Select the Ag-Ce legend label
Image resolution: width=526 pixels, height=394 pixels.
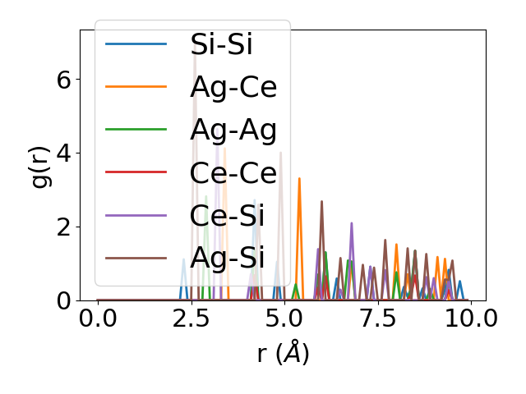coord(233,86)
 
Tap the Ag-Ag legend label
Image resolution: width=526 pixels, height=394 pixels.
coord(233,129)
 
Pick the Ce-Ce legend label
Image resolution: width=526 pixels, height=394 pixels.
coord(233,172)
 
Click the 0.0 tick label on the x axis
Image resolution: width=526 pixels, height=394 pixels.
coord(98,320)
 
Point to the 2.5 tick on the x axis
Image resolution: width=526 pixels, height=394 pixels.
coord(191,320)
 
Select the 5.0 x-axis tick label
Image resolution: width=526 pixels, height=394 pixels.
coord(284,320)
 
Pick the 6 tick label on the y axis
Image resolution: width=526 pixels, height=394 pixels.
coord(62,80)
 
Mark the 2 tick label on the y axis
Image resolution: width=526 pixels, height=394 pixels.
coord(62,227)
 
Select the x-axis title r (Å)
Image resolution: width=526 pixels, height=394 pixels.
coord(283,353)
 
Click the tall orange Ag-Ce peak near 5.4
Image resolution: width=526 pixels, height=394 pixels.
coord(299,179)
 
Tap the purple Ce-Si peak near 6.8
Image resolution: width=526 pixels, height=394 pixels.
coord(352,223)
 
